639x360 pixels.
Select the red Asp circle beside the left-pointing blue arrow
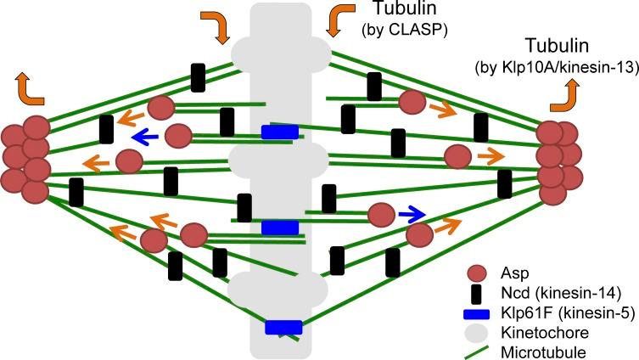coord(178,135)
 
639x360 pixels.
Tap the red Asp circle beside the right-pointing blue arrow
coord(381,215)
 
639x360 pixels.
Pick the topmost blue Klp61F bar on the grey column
coord(279,132)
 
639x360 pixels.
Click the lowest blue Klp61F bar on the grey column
coord(283,328)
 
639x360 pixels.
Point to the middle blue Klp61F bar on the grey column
coord(279,228)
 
